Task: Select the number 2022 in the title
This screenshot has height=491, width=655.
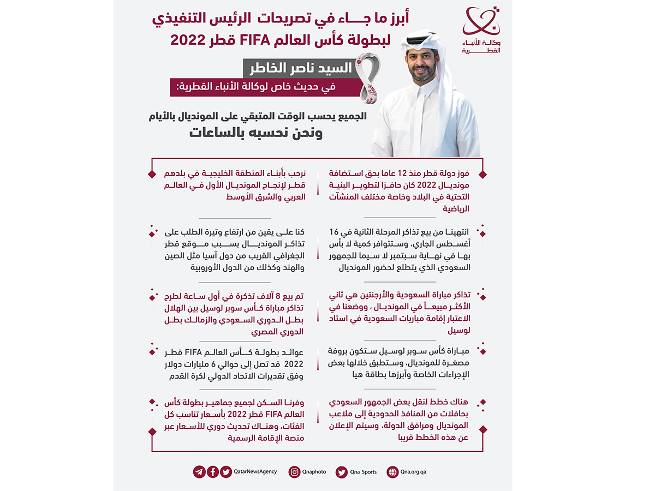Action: [x=187, y=40]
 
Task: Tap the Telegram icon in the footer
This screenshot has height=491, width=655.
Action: [x=199, y=472]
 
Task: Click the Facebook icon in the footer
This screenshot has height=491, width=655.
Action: [x=212, y=472]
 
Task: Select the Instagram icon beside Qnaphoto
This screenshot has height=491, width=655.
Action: [x=295, y=472]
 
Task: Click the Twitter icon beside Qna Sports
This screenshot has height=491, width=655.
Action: [x=342, y=472]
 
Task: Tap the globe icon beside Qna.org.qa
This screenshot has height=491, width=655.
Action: [x=392, y=472]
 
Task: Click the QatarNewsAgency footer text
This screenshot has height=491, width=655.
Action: [x=255, y=472]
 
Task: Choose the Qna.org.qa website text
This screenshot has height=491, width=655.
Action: [x=413, y=472]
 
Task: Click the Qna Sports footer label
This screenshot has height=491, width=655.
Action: [x=364, y=472]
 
